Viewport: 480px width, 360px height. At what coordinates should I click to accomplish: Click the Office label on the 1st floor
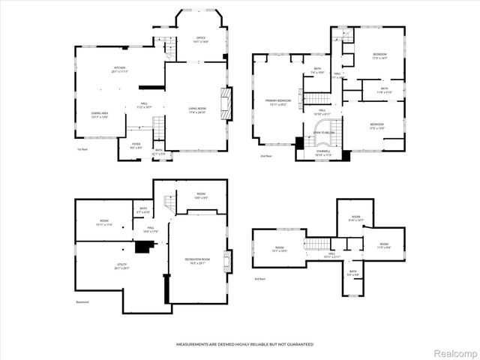[200, 39]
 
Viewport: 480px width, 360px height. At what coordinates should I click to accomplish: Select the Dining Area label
[100, 115]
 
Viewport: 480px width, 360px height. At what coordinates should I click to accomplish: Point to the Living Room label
[198, 111]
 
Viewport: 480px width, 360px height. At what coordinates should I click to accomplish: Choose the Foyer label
[136, 145]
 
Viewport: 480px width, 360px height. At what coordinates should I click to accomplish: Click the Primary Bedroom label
[277, 101]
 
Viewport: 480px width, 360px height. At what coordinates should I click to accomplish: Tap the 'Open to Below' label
[324, 132]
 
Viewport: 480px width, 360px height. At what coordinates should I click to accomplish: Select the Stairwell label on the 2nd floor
[322, 153]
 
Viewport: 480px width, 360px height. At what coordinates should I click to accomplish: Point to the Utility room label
[100, 265]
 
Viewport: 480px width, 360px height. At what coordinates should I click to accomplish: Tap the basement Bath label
[143, 210]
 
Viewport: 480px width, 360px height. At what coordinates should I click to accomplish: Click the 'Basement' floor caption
[82, 302]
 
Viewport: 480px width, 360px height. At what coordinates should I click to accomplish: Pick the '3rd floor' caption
[259, 279]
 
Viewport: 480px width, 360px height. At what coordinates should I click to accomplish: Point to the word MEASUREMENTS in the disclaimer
[196, 344]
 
